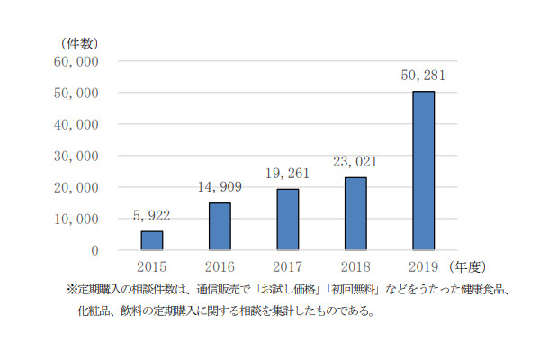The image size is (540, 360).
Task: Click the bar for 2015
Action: point(152,240)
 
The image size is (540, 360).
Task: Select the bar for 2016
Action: point(220,226)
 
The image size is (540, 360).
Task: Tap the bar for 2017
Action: point(287,220)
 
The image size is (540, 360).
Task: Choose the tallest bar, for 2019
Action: point(423,171)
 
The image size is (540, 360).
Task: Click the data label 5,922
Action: point(152,216)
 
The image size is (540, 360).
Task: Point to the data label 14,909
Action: point(220,188)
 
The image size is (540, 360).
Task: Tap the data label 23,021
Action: point(355,162)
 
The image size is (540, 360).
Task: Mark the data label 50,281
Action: point(423,76)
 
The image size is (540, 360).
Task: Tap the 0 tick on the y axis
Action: point(94,250)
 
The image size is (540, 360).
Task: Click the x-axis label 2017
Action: point(288,267)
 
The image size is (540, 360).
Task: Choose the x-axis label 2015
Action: point(152,267)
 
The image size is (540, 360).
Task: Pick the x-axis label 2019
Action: point(423,267)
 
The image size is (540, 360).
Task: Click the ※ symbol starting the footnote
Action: point(72,290)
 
